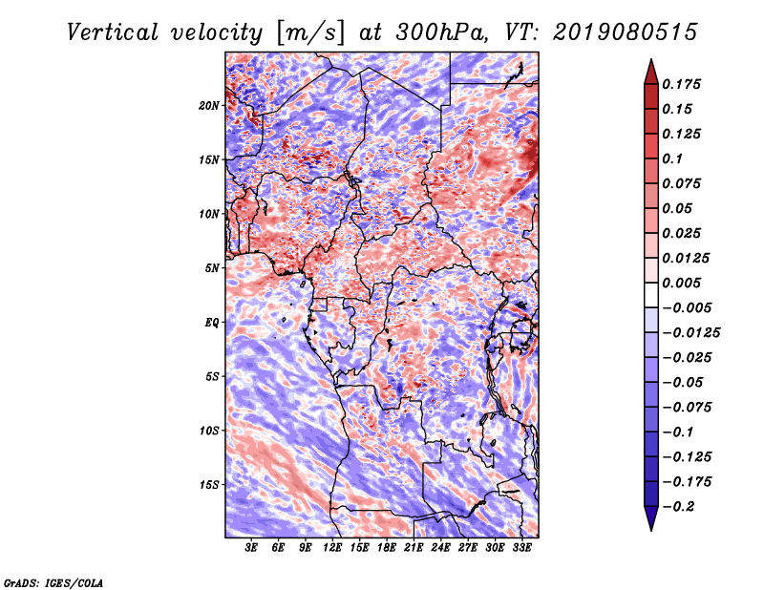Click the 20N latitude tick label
[209, 106]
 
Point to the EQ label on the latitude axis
[212, 323]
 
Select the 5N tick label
[212, 268]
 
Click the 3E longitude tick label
[251, 548]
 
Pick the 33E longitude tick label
[521, 548]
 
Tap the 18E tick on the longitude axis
[387, 548]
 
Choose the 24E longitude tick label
[440, 548]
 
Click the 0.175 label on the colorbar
[681, 84]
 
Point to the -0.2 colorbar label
[678, 507]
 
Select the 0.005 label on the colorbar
[681, 283]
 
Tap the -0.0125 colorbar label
[690, 333]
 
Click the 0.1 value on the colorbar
[672, 158]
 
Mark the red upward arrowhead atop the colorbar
[651, 72]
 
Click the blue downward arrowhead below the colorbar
[651, 518]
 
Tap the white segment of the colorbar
[651, 295]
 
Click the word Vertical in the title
[113, 32]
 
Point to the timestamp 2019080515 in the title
[626, 32]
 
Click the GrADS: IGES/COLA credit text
[53, 582]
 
